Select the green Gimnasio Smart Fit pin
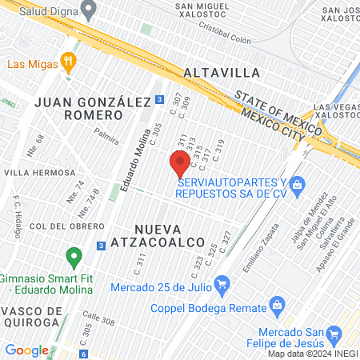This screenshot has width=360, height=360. point(74,258)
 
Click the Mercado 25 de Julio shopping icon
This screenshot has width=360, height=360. point(222,283)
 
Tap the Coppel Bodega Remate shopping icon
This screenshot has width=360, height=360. point(278,304)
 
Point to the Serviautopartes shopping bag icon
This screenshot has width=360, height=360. point(297,186)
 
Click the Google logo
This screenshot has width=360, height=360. point(26,350)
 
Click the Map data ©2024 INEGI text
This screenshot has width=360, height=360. point(313,353)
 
